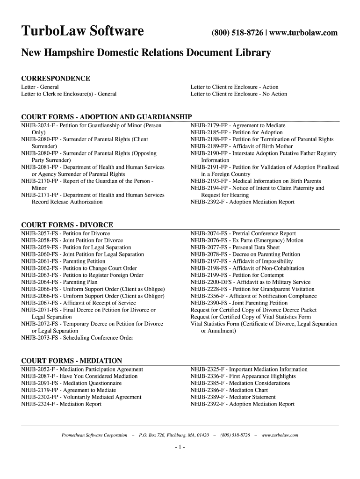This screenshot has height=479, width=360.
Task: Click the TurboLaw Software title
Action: pyautogui.click(x=82, y=32)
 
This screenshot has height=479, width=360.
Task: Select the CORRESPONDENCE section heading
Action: pyautogui.click(x=56, y=78)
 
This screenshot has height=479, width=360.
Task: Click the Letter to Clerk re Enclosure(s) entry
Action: pyautogui.click(x=69, y=94)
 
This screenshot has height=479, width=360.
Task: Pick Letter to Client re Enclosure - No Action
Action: pyautogui.click(x=239, y=94)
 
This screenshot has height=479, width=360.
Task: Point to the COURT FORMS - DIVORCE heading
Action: pyautogui.click(x=67, y=225)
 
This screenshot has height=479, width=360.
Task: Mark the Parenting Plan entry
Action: pyautogui.click(x=59, y=282)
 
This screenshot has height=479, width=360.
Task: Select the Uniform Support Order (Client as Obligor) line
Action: pyautogui.click(x=93, y=296)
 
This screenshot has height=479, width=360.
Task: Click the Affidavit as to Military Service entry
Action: pyautogui.click(x=250, y=282)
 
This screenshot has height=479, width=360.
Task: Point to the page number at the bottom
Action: pyautogui.click(x=180, y=447)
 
